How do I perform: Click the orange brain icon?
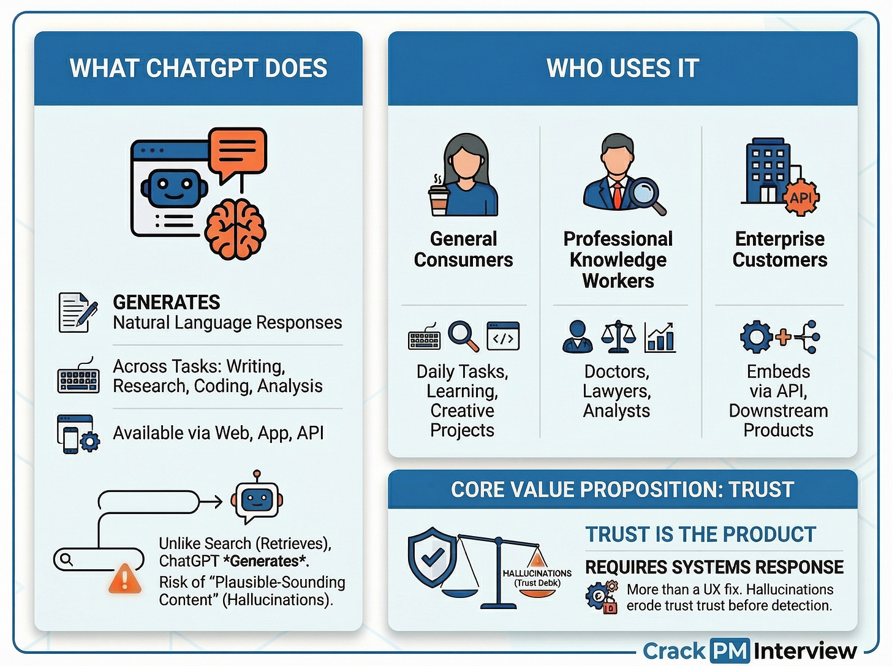(x=235, y=229)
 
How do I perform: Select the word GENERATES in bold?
(x=166, y=302)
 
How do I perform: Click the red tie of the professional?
(x=618, y=195)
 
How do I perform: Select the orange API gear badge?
(x=801, y=197)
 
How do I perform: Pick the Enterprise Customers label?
(x=779, y=249)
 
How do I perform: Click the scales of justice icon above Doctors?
(x=618, y=336)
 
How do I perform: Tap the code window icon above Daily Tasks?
(x=503, y=336)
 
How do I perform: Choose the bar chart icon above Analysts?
(x=660, y=337)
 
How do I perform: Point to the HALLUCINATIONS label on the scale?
(x=537, y=573)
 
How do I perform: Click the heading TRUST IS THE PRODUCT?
(x=700, y=534)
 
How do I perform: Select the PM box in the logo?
(x=730, y=651)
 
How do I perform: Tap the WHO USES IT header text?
(x=622, y=68)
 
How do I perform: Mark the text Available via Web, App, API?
(x=218, y=433)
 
